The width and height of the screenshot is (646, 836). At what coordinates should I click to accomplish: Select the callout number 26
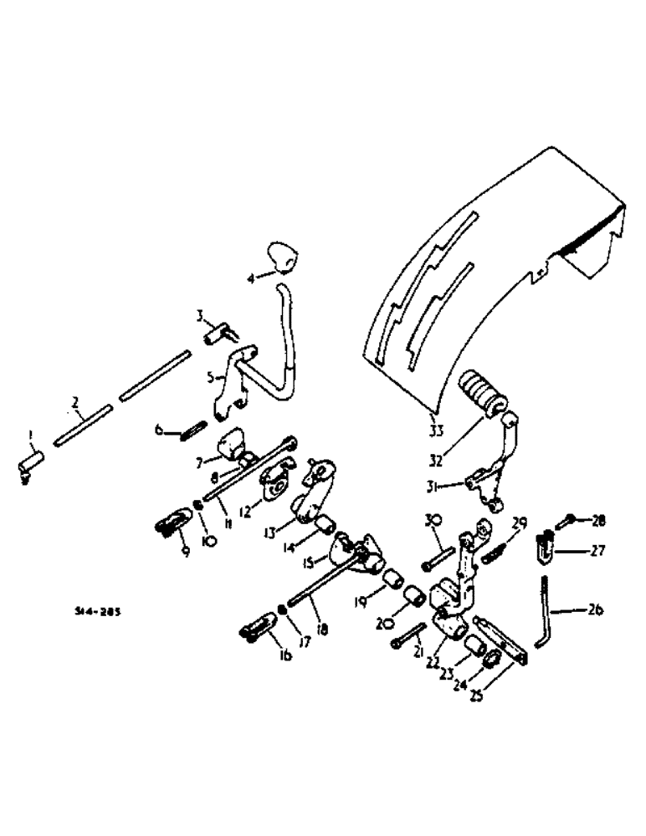(x=596, y=609)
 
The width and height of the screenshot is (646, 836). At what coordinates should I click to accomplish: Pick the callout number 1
(x=30, y=434)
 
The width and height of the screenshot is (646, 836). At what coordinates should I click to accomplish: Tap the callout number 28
(x=598, y=520)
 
